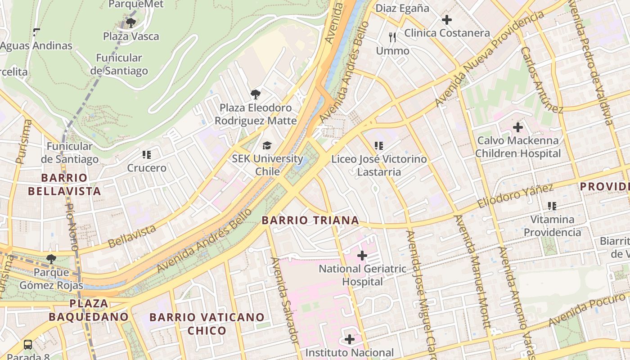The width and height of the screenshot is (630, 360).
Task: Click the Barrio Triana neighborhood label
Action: click(310, 220)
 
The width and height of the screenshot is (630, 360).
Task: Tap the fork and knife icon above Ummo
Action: click(392, 37)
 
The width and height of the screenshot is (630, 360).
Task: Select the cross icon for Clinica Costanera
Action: click(446, 20)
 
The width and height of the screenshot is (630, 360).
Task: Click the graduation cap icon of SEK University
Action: click(267, 145)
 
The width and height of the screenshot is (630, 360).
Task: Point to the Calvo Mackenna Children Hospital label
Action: click(517, 147)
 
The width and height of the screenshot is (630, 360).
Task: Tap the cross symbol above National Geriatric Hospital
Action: click(362, 256)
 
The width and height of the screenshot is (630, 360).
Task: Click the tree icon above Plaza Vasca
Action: click(131, 22)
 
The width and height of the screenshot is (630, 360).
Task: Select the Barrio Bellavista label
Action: click(64, 184)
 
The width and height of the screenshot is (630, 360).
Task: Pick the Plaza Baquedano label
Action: click(89, 310)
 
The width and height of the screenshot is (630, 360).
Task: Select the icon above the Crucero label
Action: click(146, 155)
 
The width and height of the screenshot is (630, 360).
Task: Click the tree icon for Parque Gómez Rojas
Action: click(51, 259)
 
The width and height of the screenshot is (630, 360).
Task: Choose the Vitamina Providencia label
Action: click(552, 226)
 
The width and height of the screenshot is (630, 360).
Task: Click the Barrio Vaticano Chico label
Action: click(207, 324)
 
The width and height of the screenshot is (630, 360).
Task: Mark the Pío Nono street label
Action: click(72, 227)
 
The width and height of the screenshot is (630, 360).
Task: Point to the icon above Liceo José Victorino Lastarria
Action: click(379, 146)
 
